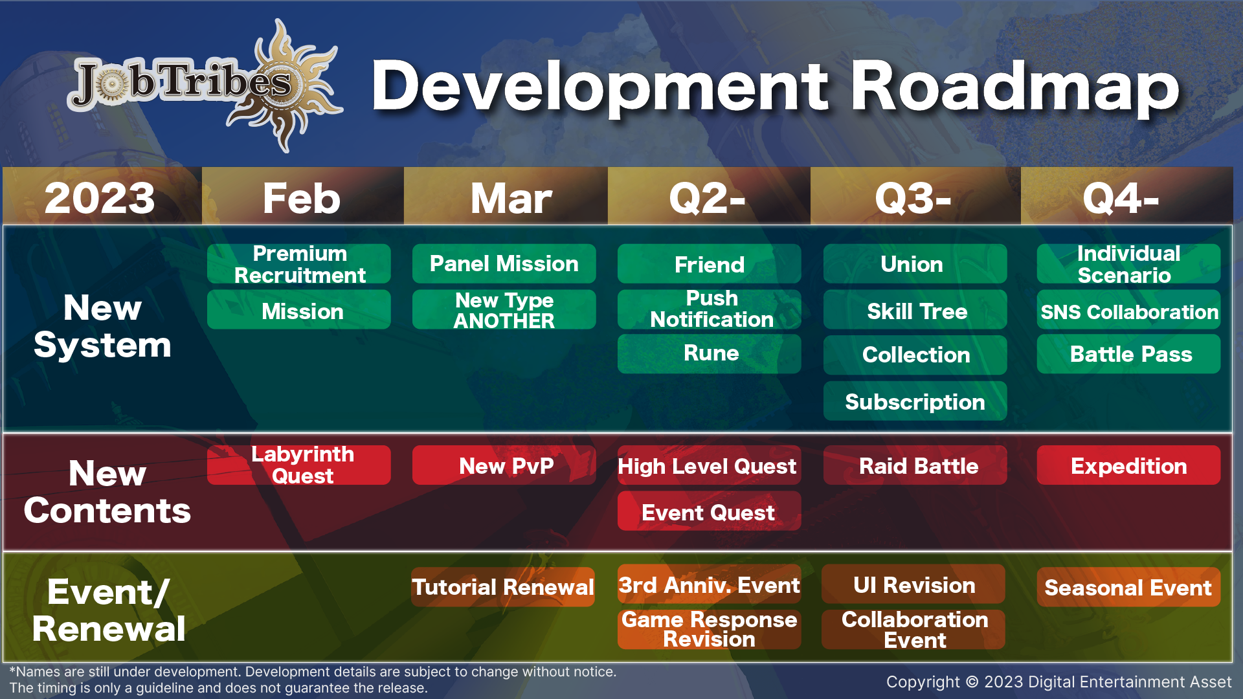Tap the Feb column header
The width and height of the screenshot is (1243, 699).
302,197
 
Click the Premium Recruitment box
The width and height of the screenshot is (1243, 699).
299,264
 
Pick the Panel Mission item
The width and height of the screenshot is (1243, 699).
504,264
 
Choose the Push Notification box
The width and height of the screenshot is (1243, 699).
710,309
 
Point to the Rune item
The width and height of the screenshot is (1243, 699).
710,354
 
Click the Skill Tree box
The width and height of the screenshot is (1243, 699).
915,310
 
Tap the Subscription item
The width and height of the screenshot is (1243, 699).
915,401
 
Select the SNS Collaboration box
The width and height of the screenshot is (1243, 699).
1129,310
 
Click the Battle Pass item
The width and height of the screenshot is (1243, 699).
1129,354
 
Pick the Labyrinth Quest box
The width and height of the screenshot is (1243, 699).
299,465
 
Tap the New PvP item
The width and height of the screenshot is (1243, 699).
504,465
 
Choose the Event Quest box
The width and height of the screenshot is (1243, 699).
710,511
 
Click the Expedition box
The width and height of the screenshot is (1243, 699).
1129,465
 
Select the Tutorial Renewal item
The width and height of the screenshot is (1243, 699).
503,587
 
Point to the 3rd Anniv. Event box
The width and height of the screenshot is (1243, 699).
710,584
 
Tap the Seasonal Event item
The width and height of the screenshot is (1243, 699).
1129,587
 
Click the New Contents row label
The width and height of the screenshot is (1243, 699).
107,492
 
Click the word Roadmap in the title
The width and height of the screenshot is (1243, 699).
1015,87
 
